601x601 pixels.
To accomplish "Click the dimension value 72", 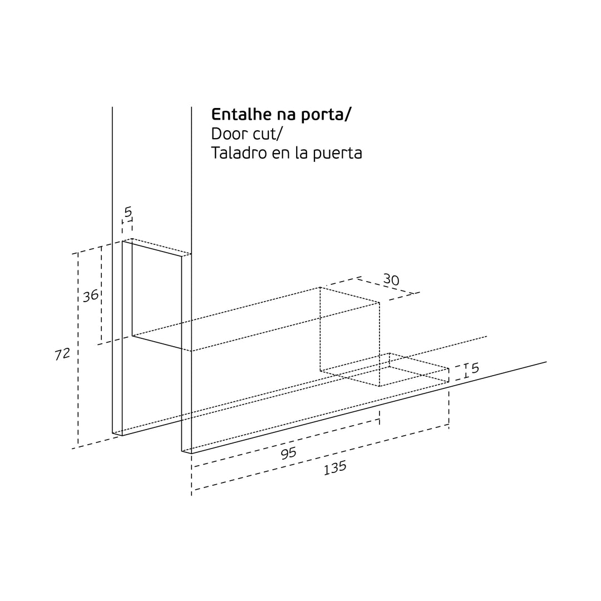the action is click(62, 354).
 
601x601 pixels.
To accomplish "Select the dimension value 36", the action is click(91, 295).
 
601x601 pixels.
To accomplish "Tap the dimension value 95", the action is click(289, 454).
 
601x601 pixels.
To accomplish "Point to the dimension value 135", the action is click(335, 468).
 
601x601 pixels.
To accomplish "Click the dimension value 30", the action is click(391, 280).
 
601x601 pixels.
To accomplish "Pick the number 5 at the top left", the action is click(128, 212).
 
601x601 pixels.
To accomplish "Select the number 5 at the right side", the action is click(475, 368).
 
